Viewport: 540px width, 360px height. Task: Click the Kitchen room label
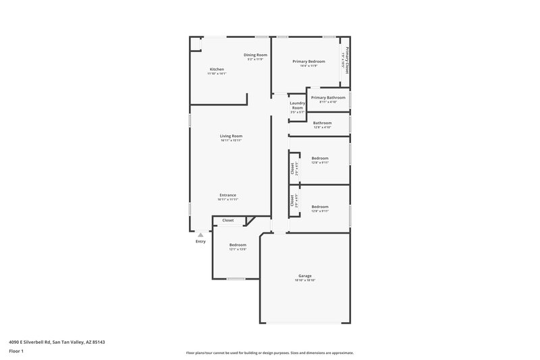217,69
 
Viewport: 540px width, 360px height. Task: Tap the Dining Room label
255,55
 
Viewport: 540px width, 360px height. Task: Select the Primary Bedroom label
308,61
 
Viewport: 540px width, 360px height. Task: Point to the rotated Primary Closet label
347,61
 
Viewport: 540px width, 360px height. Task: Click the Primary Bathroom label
328,97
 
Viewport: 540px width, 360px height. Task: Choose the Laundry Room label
297,105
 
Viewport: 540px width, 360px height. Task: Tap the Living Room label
231,136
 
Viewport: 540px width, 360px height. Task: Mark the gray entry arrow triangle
200,234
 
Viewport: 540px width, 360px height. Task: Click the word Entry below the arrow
200,241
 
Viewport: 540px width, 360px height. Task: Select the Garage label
305,276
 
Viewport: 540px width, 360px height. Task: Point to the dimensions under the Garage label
305,280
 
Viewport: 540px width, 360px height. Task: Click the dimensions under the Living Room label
231,140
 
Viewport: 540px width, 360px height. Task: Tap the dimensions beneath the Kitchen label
217,74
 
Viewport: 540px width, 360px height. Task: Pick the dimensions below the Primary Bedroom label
308,66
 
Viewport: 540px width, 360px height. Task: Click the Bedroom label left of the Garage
238,245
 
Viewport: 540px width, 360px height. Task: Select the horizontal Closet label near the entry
228,220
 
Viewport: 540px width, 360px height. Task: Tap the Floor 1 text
17,352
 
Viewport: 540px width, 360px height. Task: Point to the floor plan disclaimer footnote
269,353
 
